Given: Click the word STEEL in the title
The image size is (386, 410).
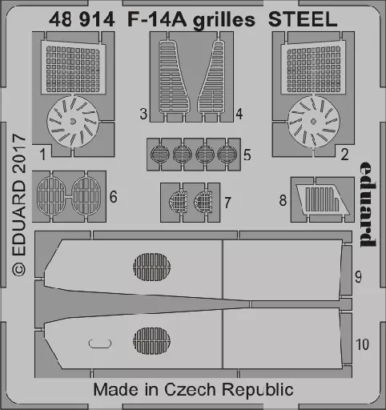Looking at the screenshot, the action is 303,19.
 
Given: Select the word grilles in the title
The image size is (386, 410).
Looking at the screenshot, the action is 224,21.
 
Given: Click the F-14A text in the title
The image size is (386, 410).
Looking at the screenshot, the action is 157,19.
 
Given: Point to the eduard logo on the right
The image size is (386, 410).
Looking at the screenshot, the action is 368,204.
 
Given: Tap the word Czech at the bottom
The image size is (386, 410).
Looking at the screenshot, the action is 190,389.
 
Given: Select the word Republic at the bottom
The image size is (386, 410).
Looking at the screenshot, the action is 258,390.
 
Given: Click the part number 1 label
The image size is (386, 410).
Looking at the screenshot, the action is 42,155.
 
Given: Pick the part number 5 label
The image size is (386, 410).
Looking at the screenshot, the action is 247,155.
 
